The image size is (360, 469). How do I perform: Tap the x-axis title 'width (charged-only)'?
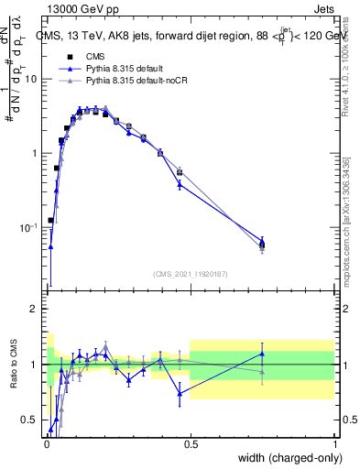click(x=287, y=459)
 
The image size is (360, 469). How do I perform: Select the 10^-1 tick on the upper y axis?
click(x=27, y=226)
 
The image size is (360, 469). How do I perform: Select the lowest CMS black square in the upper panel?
click(x=50, y=221)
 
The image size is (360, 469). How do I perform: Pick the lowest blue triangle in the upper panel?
click(x=50, y=246)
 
